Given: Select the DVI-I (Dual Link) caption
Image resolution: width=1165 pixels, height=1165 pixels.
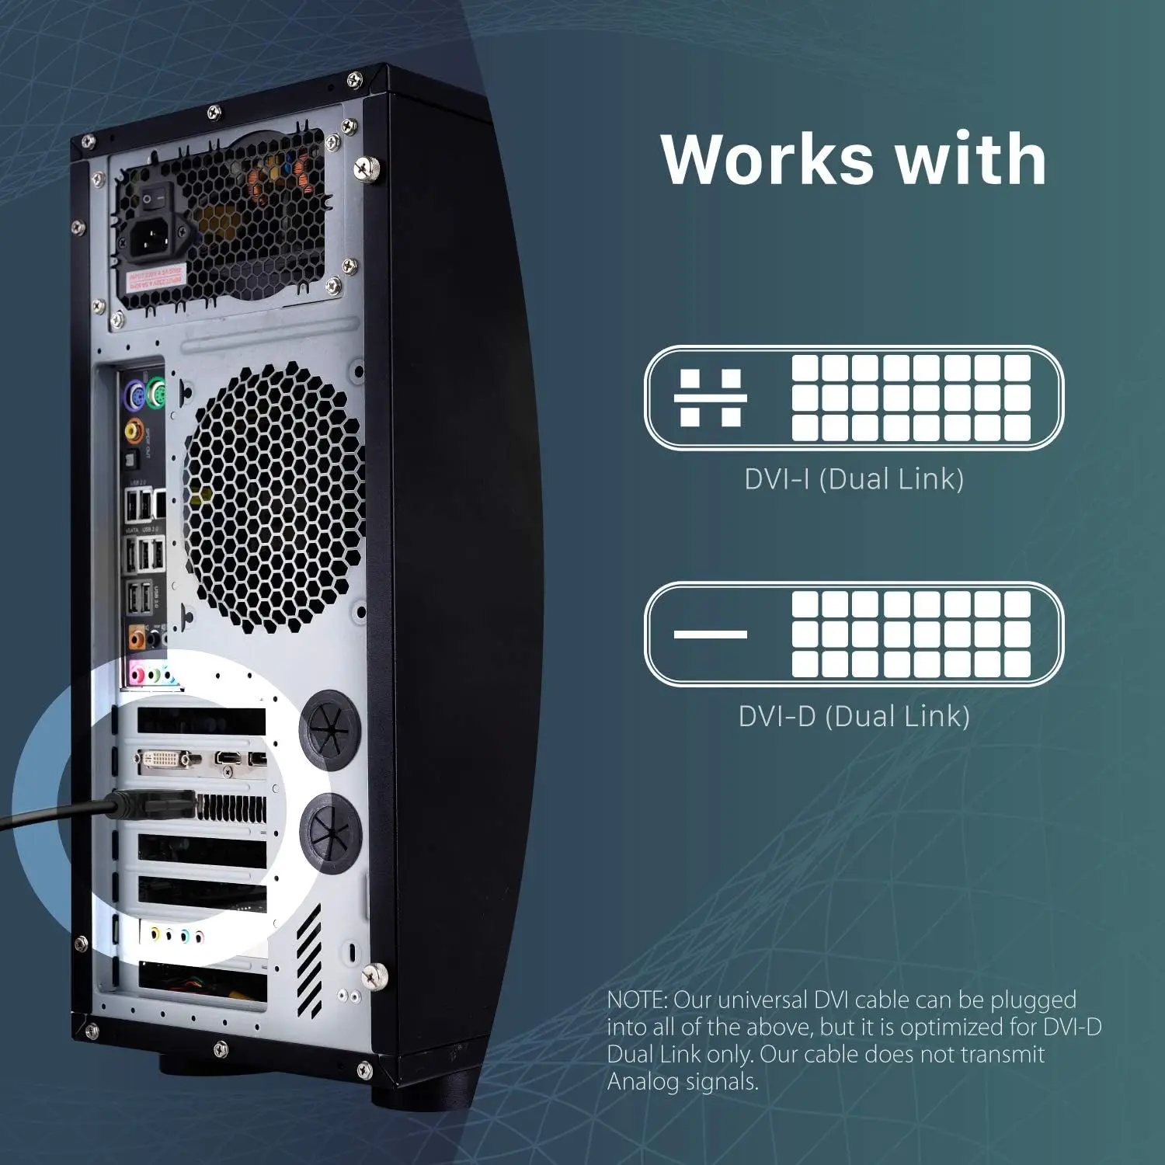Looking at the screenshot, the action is click(854, 479).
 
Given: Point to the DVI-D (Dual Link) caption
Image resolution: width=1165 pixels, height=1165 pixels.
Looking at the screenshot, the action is click(854, 716).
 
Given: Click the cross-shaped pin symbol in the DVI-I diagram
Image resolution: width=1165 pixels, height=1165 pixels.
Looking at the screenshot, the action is click(710, 398).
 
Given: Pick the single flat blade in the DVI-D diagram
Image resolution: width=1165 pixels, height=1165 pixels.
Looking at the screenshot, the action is click(710, 635).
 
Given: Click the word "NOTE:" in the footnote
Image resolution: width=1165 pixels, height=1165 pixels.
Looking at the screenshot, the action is click(637, 1000).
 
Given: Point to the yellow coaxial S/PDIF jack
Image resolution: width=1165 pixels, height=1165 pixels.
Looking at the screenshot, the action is click(134, 429).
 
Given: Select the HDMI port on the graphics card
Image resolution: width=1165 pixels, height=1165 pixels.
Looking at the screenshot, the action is click(229, 757).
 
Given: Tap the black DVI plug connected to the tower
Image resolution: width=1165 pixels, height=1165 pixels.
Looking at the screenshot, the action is click(155, 805).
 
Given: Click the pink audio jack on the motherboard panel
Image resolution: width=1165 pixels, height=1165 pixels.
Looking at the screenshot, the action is click(137, 673).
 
